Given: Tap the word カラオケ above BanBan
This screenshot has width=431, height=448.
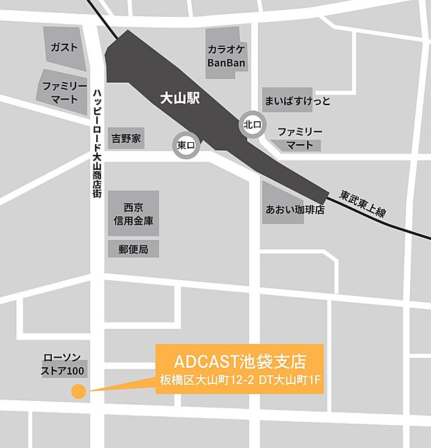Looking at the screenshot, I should point(226,50).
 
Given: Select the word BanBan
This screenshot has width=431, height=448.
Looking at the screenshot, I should point(226,63).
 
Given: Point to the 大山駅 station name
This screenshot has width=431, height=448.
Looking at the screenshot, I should point(180,97).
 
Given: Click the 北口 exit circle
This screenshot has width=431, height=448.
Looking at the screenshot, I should point(253,124).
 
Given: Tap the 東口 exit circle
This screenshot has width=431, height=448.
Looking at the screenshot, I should point(186,145).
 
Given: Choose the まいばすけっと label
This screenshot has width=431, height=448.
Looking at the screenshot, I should point(297,100).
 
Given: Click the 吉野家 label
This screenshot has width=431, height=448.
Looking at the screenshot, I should point(126,139).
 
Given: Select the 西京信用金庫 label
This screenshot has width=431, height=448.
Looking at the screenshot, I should point(134,214).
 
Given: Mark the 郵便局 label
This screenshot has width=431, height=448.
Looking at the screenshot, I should point(133,249).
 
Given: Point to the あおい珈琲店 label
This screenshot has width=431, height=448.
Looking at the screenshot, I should point(295,210).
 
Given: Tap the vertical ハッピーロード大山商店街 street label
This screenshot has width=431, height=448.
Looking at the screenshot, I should point(98,142).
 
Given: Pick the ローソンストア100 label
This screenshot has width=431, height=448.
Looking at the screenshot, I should point(64,364).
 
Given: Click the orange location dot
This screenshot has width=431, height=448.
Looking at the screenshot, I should point(78,391).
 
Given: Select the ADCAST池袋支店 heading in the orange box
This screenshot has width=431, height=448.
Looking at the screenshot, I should point(239,359).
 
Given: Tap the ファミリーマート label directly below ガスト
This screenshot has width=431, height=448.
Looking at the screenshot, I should point(65,92).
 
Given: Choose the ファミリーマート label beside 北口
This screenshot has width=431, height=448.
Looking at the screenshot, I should point(300,138).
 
